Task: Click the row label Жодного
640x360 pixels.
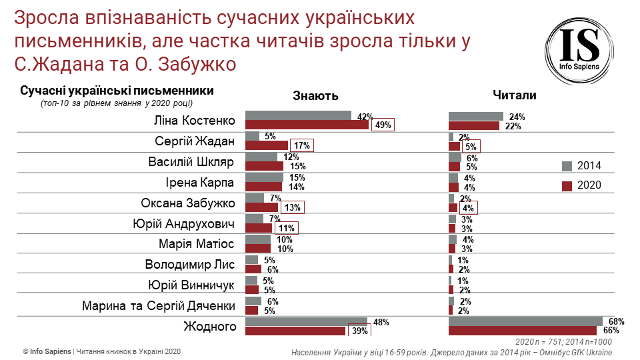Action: (210, 327)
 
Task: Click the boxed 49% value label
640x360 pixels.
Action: (383, 125)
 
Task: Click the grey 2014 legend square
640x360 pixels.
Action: (567, 166)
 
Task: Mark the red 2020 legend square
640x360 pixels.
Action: (567, 185)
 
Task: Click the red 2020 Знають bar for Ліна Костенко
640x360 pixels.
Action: (307, 125)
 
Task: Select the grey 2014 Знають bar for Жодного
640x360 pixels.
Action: (306, 322)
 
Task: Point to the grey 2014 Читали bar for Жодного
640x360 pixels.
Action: (525, 322)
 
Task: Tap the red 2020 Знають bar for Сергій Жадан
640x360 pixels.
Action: (267, 145)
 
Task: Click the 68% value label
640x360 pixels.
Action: (616, 321)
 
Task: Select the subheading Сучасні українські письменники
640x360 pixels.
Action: (117, 91)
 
